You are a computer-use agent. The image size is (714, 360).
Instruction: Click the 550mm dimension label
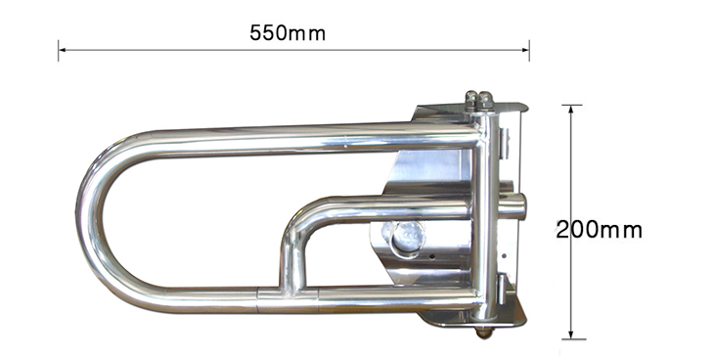288,33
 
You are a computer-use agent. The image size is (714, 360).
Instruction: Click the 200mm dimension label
600,229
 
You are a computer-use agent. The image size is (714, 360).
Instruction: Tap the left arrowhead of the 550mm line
62,50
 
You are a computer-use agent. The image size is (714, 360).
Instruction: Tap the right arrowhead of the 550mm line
525,50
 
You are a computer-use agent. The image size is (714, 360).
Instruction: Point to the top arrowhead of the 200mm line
571,109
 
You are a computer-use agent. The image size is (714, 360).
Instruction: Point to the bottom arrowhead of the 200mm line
571,335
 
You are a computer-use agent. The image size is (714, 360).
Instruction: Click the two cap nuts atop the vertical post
478,100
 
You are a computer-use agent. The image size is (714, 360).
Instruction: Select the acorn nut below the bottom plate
483,333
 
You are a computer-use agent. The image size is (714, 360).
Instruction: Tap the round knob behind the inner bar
407,238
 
